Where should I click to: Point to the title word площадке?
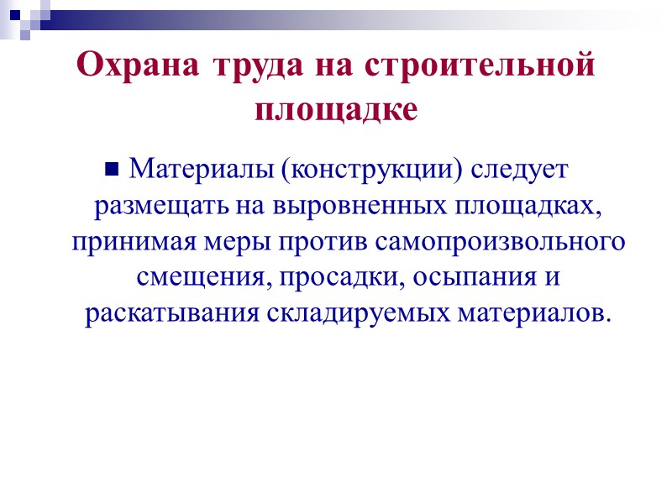(x=335, y=108)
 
